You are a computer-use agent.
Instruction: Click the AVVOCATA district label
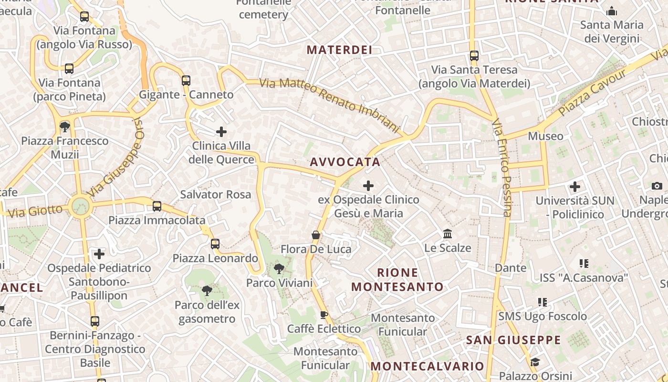[345, 162]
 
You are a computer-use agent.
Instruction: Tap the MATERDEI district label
[339, 50]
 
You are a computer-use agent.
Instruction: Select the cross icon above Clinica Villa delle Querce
[221, 131]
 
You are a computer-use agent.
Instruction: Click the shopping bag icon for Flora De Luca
[315, 234]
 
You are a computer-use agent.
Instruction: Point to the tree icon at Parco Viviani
[279, 269]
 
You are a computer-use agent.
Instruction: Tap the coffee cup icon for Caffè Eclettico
[324, 315]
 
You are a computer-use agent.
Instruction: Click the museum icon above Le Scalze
[448, 234]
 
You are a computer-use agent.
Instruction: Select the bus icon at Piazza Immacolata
[157, 206]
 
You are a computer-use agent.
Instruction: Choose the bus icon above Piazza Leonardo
[215, 244]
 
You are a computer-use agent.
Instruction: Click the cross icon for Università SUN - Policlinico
[575, 186]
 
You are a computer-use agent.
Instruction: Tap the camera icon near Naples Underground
[657, 186]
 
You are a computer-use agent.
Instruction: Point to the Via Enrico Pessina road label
[501, 168]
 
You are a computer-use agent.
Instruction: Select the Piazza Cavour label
[591, 93]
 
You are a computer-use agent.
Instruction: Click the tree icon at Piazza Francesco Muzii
[64, 127]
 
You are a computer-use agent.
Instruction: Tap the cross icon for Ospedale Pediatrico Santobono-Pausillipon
[99, 254]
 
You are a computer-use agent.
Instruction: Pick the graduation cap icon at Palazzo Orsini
[535, 362]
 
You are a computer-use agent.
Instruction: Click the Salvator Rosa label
[215, 194]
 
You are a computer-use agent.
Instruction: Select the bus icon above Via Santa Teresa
[474, 56]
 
